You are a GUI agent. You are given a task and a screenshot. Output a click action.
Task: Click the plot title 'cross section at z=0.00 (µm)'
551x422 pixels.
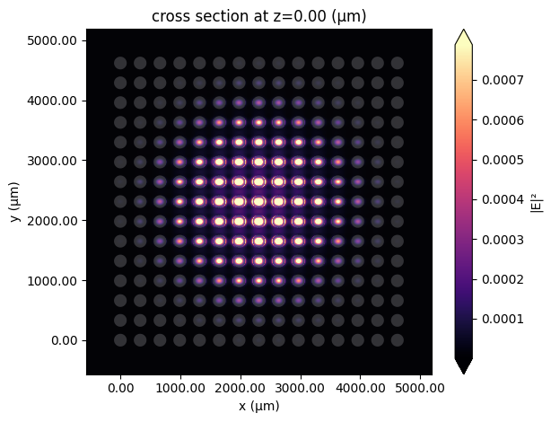pyautogui.click(x=258, y=16)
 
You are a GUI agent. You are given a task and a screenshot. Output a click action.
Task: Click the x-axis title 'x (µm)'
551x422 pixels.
pyautogui.click(x=258, y=408)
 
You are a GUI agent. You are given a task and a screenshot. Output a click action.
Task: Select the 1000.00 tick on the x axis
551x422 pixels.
pyautogui.click(x=180, y=388)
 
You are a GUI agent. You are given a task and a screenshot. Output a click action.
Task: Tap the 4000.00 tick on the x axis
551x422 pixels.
pyautogui.click(x=360, y=388)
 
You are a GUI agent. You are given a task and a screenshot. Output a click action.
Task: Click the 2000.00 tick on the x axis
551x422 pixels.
pyautogui.click(x=241, y=388)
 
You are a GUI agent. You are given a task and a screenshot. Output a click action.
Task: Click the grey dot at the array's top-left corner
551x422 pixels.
pyautogui.click(x=120, y=63)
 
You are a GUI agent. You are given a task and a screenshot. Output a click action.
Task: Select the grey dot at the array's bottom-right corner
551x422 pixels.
pyautogui.click(x=398, y=340)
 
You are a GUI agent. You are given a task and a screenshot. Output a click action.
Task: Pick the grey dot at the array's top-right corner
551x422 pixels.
pyautogui.click(x=398, y=63)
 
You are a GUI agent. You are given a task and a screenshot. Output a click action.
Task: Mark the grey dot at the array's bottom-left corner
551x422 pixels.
pyautogui.click(x=120, y=340)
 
